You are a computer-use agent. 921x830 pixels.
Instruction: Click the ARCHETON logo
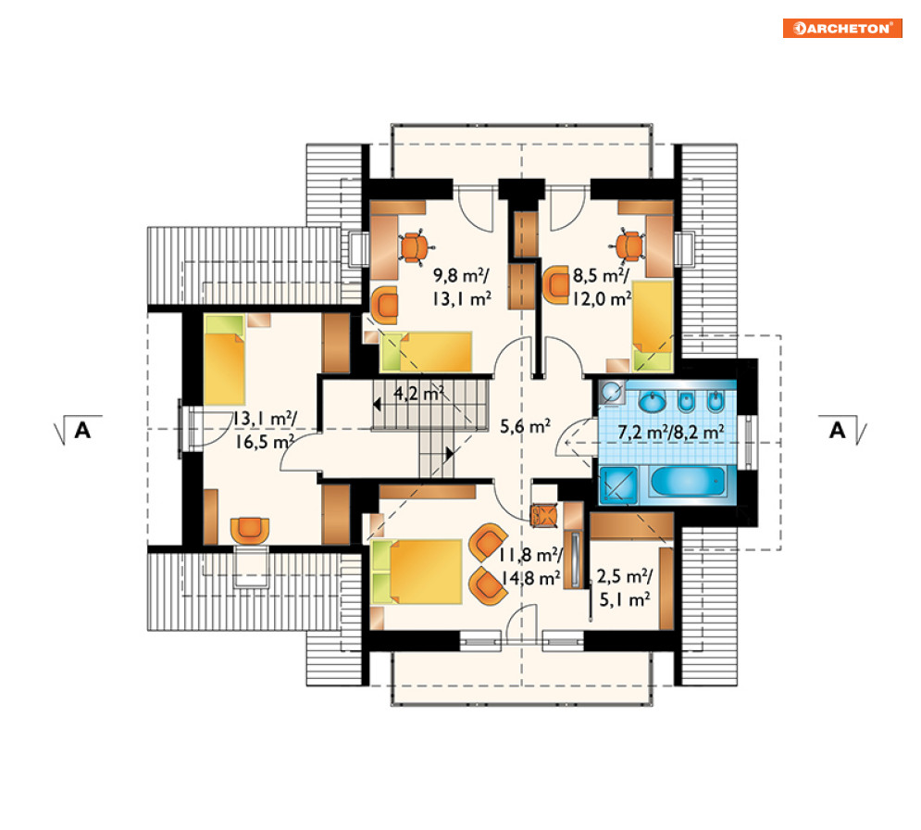coord(841,28)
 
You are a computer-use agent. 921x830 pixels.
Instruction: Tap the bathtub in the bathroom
coord(688,483)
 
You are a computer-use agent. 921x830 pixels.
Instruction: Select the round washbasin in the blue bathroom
coord(652,402)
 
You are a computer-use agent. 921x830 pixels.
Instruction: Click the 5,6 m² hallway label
coord(525,426)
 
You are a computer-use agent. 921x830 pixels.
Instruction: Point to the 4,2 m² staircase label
coord(418,394)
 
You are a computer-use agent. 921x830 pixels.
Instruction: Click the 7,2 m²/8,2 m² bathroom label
coord(671,432)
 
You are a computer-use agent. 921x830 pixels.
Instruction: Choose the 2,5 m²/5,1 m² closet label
coord(625,587)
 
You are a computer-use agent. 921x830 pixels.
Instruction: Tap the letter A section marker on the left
coord(82,430)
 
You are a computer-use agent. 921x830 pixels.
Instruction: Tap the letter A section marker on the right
coord(837,430)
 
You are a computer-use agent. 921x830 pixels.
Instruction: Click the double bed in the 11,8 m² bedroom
coord(417,572)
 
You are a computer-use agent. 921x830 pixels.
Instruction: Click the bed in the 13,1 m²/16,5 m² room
coord(224,359)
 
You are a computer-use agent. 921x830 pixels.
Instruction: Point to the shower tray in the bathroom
coord(618,485)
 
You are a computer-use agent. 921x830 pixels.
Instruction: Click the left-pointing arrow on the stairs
coord(377,405)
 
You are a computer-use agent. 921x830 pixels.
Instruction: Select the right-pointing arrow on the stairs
coord(449,454)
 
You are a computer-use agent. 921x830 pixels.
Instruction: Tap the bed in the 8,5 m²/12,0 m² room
coord(652,325)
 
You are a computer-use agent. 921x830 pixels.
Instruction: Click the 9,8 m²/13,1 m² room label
coord(462,287)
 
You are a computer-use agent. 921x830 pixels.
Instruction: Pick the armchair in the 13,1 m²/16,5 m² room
coord(250,530)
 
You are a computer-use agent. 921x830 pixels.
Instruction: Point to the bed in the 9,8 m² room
coord(427,351)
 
